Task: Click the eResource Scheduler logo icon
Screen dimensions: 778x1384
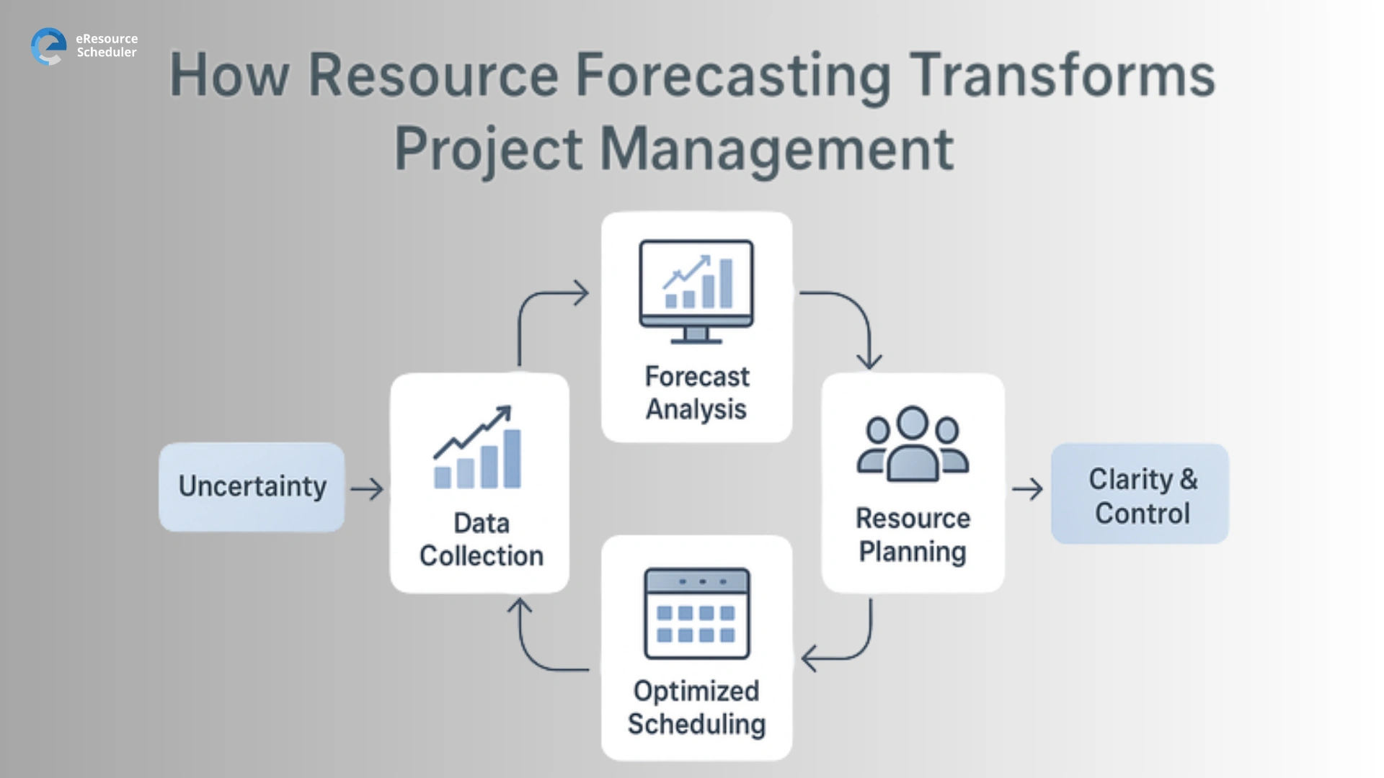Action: click(x=48, y=46)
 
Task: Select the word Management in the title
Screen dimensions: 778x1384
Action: click(x=777, y=149)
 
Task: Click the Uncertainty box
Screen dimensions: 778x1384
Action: click(x=252, y=488)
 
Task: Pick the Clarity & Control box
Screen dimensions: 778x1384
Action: click(x=1140, y=494)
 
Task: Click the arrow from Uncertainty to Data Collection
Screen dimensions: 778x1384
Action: click(x=367, y=489)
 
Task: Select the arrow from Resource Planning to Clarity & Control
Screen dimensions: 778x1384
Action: click(x=1027, y=489)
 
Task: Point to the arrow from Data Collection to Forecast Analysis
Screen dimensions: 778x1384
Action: click(x=537, y=310)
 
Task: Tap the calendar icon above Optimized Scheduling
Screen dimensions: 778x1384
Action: click(x=696, y=613)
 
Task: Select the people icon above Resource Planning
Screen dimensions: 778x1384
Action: click(x=912, y=444)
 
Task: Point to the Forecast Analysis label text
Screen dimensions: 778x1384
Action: click(x=696, y=393)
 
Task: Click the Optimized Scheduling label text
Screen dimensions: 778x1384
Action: click(x=696, y=707)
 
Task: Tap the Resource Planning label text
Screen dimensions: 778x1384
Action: click(x=913, y=535)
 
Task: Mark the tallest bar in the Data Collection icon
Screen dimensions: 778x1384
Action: click(x=512, y=458)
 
